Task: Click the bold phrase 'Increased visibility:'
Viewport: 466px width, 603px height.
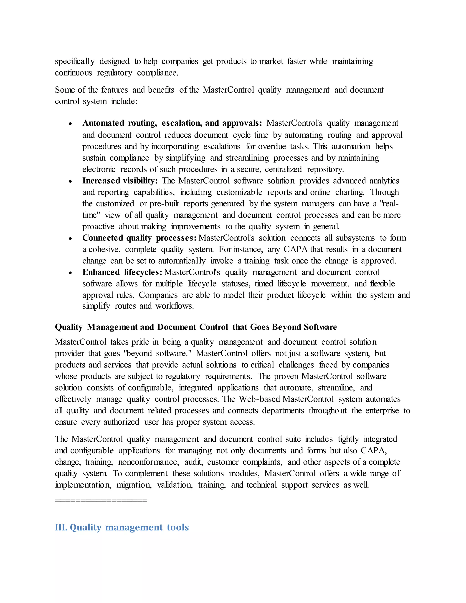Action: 120,181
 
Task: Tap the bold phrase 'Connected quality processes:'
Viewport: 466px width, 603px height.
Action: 139,238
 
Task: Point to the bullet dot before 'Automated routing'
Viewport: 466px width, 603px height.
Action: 70,124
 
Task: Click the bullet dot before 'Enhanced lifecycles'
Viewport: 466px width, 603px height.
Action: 70,273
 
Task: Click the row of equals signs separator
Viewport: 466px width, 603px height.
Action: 101,500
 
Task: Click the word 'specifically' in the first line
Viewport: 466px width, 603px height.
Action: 75,61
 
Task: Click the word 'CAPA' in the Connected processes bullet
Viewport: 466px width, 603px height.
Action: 295,249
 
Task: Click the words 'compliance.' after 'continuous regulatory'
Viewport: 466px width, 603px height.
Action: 158,73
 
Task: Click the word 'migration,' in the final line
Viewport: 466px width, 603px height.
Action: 134,485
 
